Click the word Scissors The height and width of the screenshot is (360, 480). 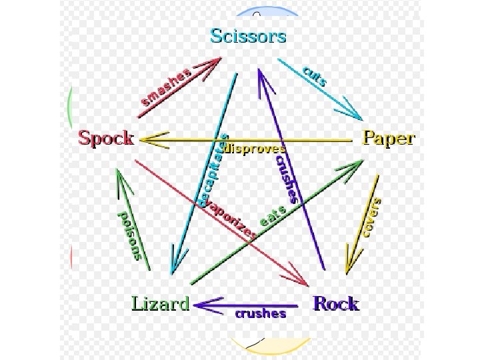pyautogui.click(x=248, y=35)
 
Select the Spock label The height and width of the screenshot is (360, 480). pyautogui.click(x=106, y=138)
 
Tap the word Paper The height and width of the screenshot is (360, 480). pyautogui.click(x=388, y=138)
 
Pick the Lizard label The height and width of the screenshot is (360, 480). pyautogui.click(x=160, y=304)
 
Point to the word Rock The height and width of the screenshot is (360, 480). pyautogui.click(x=336, y=304)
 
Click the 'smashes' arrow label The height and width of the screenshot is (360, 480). pyautogui.click(x=166, y=87)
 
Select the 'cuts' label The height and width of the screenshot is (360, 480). pyautogui.click(x=315, y=76)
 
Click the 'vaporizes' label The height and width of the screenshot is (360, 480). pyautogui.click(x=230, y=219)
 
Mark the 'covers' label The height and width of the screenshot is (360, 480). pyautogui.click(x=371, y=217)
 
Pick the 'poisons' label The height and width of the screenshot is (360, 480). pyautogui.click(x=130, y=235)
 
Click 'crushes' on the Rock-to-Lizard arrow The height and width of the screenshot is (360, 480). pyautogui.click(x=260, y=313)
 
